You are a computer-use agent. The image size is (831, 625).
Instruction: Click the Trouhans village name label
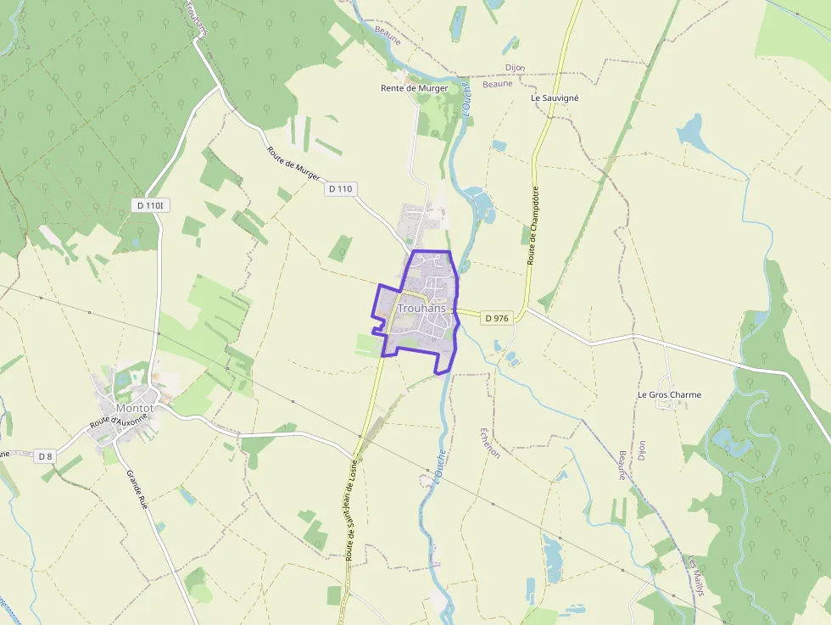pos(421,308)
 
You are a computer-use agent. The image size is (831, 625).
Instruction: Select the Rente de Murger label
pos(414,88)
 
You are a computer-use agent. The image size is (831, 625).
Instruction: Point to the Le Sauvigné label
pos(555,98)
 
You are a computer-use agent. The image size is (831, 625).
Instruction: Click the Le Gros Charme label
pos(669,394)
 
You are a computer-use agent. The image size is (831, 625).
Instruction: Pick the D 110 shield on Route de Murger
pos(339,188)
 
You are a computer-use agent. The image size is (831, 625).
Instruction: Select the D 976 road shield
pos(497,318)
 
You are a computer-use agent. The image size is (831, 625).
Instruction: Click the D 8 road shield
pos(46,456)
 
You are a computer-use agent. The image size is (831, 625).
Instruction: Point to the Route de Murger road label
pos(293,162)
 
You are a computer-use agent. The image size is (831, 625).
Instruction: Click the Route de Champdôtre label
pos(533,225)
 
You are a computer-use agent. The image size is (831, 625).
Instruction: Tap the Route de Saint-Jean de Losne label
pos(351,508)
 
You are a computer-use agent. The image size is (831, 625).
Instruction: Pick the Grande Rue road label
pos(137,489)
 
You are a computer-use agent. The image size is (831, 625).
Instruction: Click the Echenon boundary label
pos(490,442)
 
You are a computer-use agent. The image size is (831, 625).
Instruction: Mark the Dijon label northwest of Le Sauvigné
pos(515,68)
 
